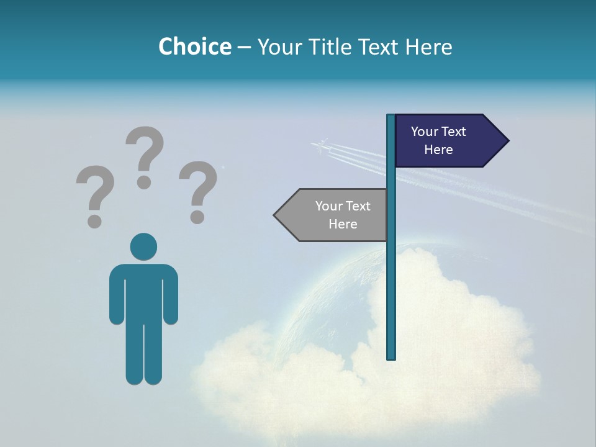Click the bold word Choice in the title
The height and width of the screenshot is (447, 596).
click(x=194, y=47)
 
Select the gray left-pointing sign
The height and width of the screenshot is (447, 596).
click(x=335, y=215)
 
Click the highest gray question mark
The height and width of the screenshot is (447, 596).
click(x=145, y=152)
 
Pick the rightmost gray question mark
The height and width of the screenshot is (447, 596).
click(x=198, y=186)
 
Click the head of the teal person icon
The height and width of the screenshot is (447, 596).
click(x=143, y=246)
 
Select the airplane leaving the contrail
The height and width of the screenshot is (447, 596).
click(x=320, y=146)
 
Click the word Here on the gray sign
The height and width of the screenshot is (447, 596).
click(x=343, y=224)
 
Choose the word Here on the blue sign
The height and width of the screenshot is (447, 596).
click(x=438, y=150)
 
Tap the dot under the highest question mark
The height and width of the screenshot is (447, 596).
click(x=145, y=181)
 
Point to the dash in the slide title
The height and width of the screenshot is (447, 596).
click(x=244, y=47)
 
